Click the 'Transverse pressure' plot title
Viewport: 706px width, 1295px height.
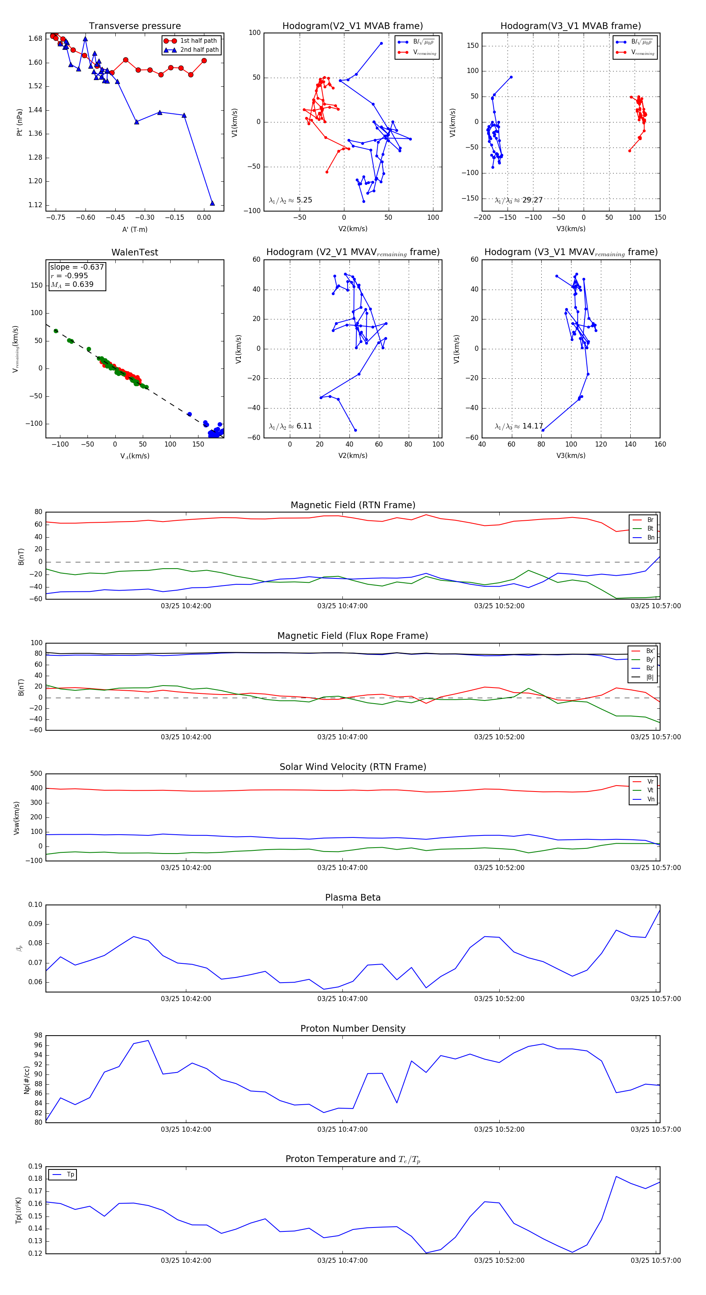[x=135, y=26]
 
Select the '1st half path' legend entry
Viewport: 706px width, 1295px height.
[x=198, y=41]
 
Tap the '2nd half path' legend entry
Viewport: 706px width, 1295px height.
[x=199, y=50]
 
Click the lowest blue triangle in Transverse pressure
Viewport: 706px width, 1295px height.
[x=212, y=203]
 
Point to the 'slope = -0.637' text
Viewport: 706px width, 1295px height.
[x=77, y=267]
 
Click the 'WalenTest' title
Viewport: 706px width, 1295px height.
[x=135, y=252]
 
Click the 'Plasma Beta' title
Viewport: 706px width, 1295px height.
[x=353, y=898]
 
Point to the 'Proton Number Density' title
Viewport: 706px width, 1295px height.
[x=353, y=1029]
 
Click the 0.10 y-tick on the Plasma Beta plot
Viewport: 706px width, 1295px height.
[x=35, y=905]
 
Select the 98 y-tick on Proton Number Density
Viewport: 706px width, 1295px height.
[x=38, y=1036]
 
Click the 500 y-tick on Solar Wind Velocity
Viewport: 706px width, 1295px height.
[x=36, y=774]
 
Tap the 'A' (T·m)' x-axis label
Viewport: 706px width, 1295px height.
[x=135, y=229]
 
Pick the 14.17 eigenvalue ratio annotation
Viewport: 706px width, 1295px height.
[x=519, y=426]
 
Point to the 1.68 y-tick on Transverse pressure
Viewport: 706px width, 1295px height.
[x=35, y=39]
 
